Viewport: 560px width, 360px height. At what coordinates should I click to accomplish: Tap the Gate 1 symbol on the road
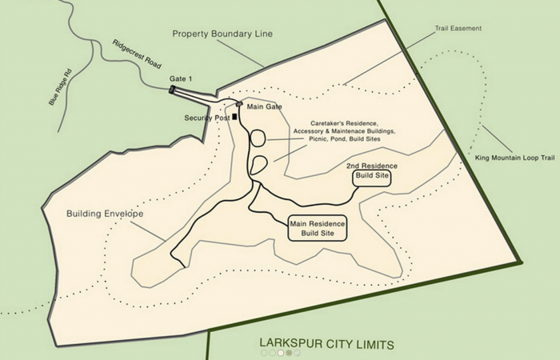(174, 90)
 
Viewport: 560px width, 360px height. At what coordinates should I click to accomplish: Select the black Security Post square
(234, 117)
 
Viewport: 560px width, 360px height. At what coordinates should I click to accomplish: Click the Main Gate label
(265, 106)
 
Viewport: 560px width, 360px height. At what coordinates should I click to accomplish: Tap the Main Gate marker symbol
(239, 103)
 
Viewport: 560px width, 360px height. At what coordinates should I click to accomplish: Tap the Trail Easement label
(458, 28)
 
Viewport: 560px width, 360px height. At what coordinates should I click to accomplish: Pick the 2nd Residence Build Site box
(371, 174)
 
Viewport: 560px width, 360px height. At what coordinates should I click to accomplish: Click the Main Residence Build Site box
(318, 229)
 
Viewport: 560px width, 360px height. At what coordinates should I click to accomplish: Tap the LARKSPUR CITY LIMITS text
(326, 344)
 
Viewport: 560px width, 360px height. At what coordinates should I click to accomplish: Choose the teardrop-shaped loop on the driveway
(258, 165)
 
